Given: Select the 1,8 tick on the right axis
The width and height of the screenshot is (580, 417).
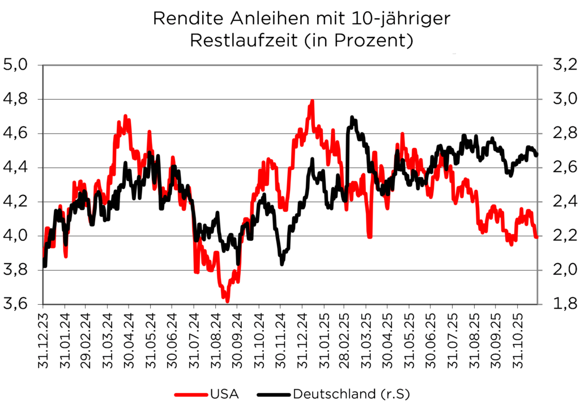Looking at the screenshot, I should [x=558, y=304].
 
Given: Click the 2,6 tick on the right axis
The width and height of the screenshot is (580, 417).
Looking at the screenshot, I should [x=558, y=168].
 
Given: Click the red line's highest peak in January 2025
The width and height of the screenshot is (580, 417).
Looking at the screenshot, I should [x=312, y=101].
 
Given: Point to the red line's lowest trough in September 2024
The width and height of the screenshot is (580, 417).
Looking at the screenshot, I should [x=227, y=301].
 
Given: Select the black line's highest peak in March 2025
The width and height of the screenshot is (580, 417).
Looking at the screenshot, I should [x=352, y=117].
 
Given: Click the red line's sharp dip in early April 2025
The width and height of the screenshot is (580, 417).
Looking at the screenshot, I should [x=369, y=236].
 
